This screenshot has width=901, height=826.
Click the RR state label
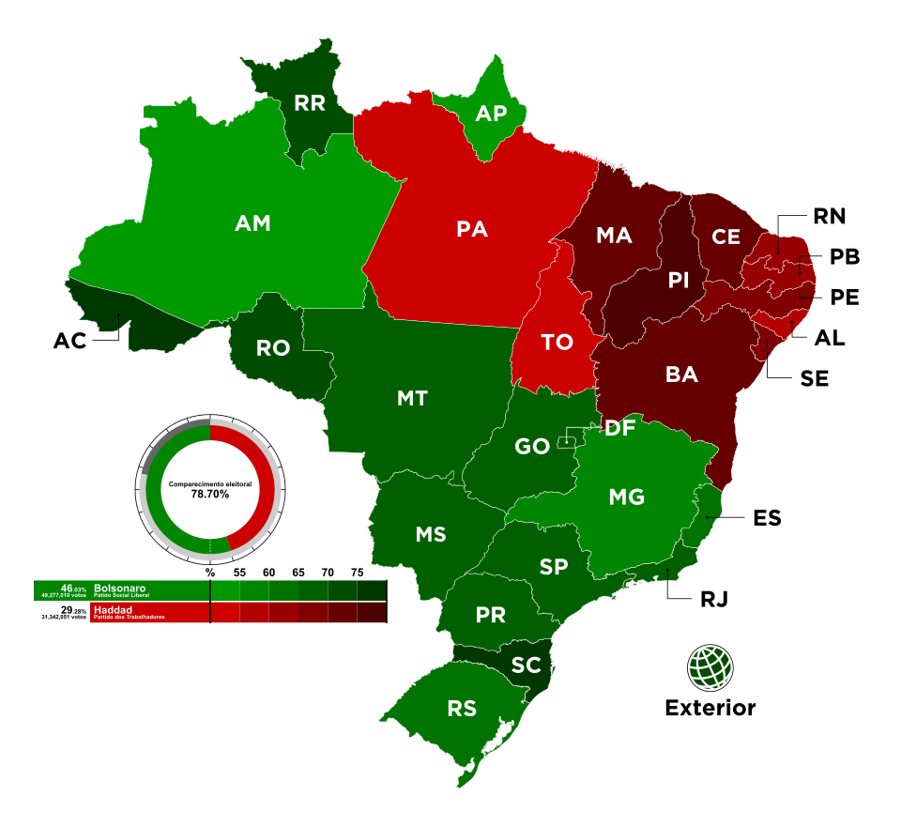coord(309,103)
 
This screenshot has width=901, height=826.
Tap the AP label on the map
coord(491,114)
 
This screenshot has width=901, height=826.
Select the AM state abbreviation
coord(252,223)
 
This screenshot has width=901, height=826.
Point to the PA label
coord(472,228)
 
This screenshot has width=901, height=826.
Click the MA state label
coord(614,236)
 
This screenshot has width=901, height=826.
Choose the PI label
coord(679,280)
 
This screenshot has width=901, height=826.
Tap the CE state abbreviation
coord(725,237)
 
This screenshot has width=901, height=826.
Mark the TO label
coord(557,343)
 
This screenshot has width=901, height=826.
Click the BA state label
coord(681,375)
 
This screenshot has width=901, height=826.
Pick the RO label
coord(273,348)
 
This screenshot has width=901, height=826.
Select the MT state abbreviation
coord(412,398)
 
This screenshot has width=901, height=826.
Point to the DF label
coord(619,429)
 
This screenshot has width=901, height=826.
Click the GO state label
coord(532,447)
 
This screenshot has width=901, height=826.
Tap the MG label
coord(626,497)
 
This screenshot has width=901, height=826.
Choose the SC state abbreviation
coord(527,665)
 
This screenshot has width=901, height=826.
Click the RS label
coord(462,709)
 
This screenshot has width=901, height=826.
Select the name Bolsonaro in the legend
coord(119,588)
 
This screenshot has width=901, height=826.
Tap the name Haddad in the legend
coord(113,609)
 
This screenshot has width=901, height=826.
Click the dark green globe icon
coord(710,667)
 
